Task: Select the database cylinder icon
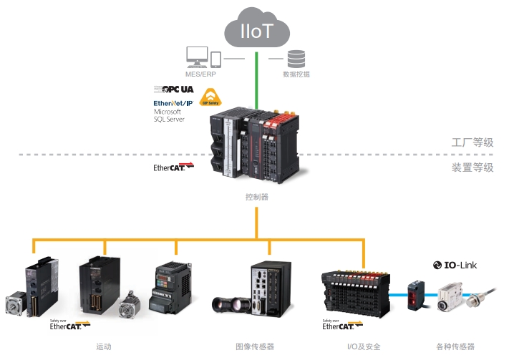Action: [x=296, y=59]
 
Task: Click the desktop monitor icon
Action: [x=197, y=57]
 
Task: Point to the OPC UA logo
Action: [x=174, y=89]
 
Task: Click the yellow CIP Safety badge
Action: [x=210, y=97]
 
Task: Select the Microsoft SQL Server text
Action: [x=169, y=116]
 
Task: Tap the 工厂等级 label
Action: [x=472, y=142]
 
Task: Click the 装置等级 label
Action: [x=472, y=167]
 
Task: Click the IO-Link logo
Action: [x=455, y=265]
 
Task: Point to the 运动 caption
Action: [x=104, y=347]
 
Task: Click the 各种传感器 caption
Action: [x=455, y=347]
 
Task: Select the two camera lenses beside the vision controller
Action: [x=231, y=305]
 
